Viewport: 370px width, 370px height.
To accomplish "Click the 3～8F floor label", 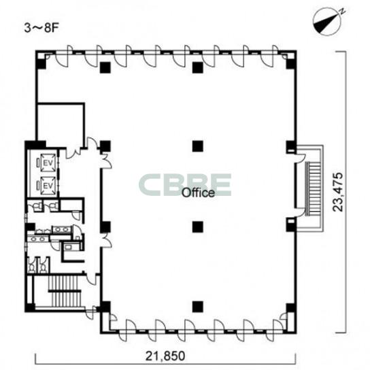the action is coord(41,28).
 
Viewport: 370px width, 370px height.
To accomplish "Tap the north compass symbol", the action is coord(327,22).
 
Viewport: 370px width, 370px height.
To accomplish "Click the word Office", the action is coord(198,192).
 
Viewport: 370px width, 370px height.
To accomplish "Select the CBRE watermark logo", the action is coord(185,185).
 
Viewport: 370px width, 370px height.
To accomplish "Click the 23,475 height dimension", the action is coord(337,192).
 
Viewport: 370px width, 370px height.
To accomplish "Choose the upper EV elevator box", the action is coord(48,163).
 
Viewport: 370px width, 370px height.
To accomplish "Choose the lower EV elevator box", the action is coord(48,186).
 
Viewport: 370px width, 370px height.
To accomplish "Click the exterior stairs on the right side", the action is coord(314,189).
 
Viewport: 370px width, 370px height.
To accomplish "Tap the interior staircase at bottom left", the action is coord(65,291).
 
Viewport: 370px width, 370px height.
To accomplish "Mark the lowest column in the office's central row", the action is coord(198,307).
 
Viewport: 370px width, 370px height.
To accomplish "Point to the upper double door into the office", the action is coord(105,161).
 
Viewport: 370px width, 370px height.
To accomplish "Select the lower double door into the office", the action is coord(105,241).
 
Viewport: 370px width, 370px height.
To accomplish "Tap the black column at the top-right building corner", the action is coord(291,63).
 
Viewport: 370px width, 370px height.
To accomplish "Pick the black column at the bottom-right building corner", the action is coord(291,308).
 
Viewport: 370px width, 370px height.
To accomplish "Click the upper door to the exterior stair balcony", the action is coord(300,156).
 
